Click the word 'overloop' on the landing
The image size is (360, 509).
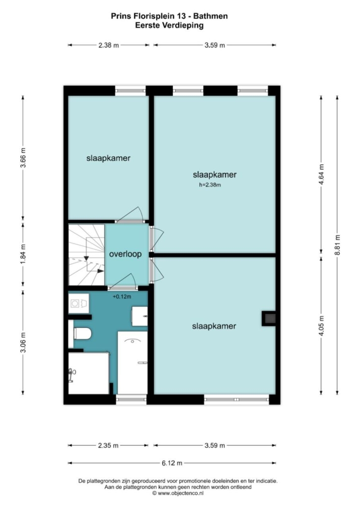pyautogui.click(x=126, y=254)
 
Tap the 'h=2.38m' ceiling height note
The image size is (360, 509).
pyautogui.click(x=210, y=185)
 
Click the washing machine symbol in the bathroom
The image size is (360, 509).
pyautogui.click(x=79, y=303)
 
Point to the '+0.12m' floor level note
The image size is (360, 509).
pyautogui.click(x=122, y=297)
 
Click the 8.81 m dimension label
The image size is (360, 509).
pyautogui.click(x=337, y=245)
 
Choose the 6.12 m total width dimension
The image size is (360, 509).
pyautogui.click(x=172, y=463)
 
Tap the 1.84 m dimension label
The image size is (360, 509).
pyautogui.click(x=23, y=254)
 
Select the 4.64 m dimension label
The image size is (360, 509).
pyautogui.click(x=321, y=174)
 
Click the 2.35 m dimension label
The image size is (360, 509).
pyautogui.click(x=108, y=445)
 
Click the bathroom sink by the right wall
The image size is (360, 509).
pyautogui.click(x=140, y=316)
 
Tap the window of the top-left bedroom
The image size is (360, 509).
pyautogui.click(x=130, y=90)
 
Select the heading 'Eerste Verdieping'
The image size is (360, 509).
pyautogui.click(x=169, y=25)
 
